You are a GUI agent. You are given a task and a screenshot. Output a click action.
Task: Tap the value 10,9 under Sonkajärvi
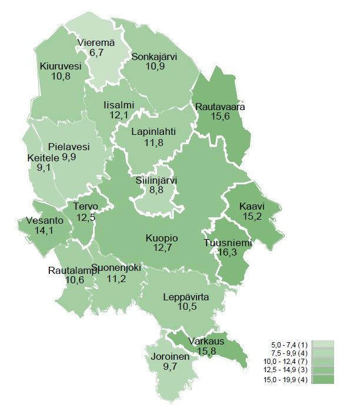(154, 67)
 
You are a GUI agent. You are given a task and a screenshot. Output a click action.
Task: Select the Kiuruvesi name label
(61, 66)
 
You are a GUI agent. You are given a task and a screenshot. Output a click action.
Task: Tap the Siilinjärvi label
(156, 180)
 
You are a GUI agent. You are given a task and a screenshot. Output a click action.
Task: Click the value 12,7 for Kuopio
(162, 249)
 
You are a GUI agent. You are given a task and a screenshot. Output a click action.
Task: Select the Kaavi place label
(252, 207)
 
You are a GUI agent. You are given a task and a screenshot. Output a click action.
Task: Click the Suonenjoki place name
(116, 267)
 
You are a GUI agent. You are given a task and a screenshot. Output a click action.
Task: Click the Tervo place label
(85, 206)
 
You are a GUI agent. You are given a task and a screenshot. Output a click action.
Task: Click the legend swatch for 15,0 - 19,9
(323, 380)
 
